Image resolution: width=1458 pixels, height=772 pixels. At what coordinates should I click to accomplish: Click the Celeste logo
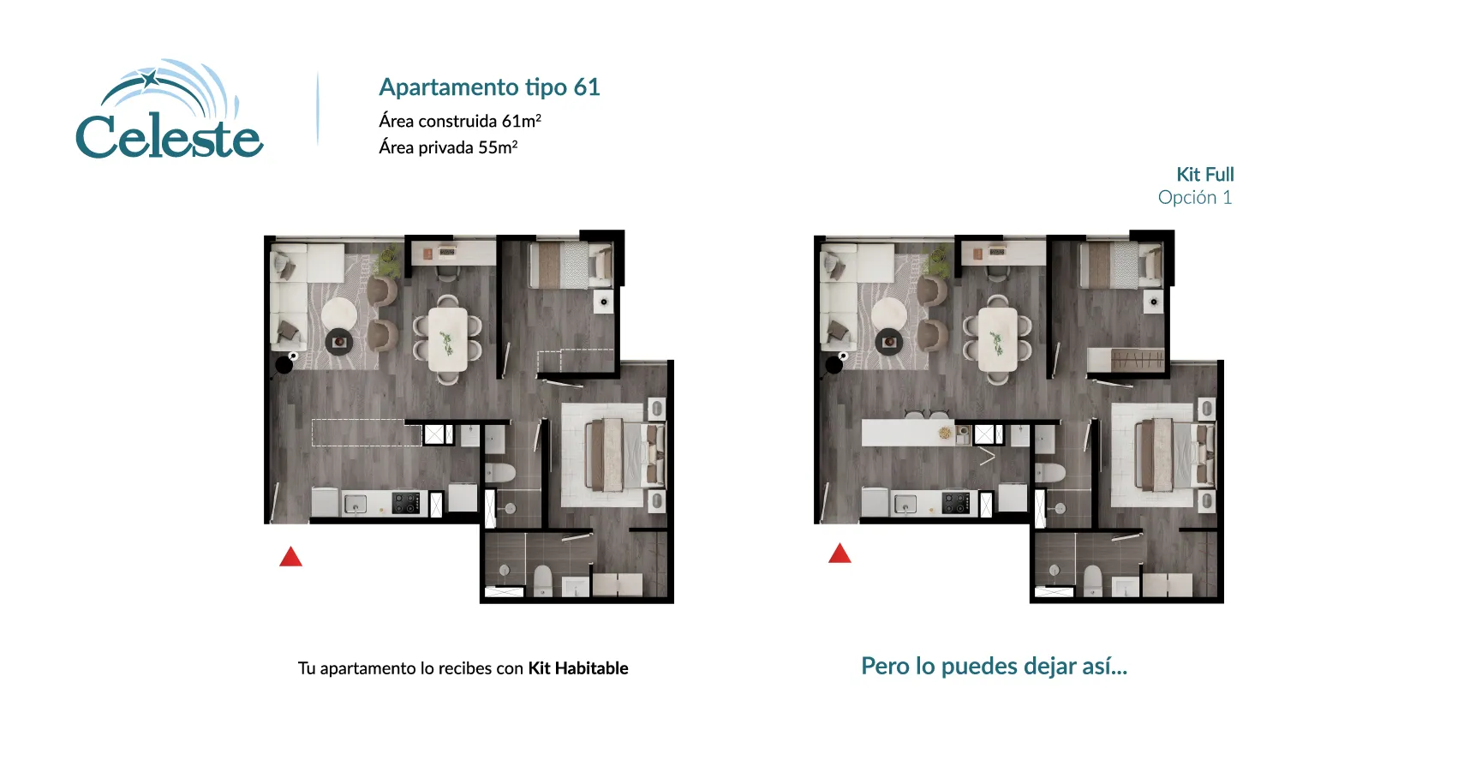coord(170,112)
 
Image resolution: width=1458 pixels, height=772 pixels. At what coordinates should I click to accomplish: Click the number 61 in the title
coord(587,87)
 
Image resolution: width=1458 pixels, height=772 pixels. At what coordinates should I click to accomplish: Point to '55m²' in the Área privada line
coord(498,147)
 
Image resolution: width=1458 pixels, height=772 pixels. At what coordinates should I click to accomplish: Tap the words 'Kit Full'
coord(1204,175)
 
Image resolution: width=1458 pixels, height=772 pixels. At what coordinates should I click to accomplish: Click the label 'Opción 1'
coord(1194,198)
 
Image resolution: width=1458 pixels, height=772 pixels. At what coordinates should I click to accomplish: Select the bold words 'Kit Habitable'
coord(578,668)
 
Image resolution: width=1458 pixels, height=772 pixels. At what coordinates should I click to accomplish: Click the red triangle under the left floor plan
coord(290,558)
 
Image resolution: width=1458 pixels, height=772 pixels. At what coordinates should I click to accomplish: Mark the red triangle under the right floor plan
coord(840,554)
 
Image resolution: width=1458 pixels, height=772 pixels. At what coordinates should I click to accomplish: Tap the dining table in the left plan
coord(447,339)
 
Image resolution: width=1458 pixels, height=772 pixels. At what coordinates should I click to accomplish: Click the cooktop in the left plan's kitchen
coord(406,503)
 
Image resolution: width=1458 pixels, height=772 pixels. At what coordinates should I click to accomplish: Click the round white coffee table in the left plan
coord(338,313)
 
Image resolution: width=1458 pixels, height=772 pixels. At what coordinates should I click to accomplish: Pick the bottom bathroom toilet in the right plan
coord(1092,580)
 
